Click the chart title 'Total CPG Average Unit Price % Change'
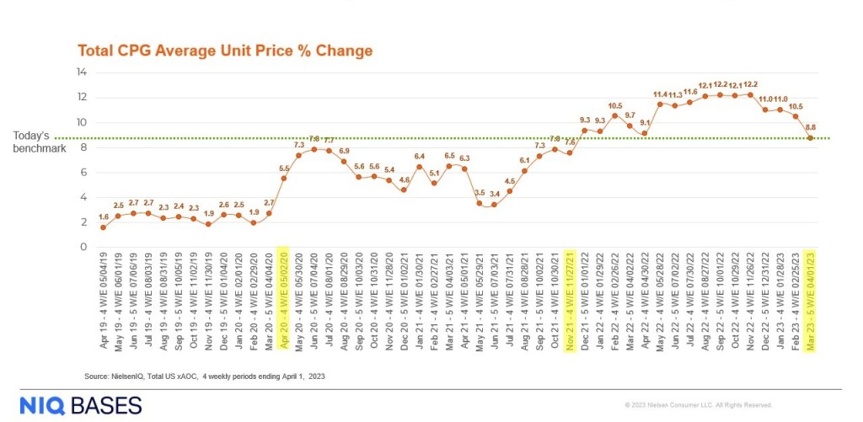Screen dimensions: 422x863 click(225, 51)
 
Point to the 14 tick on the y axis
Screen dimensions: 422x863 click(82, 73)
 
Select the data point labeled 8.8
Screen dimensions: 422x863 click(811, 138)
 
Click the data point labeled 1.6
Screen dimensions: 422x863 click(104, 227)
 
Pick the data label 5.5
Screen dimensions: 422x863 click(284, 168)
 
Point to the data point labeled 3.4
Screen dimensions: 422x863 click(494, 205)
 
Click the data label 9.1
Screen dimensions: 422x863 click(645, 123)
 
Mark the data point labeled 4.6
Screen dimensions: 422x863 click(404, 190)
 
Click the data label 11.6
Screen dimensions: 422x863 click(690, 92)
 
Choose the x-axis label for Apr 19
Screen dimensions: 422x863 click(104, 286)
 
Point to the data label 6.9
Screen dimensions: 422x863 click(344, 151)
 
